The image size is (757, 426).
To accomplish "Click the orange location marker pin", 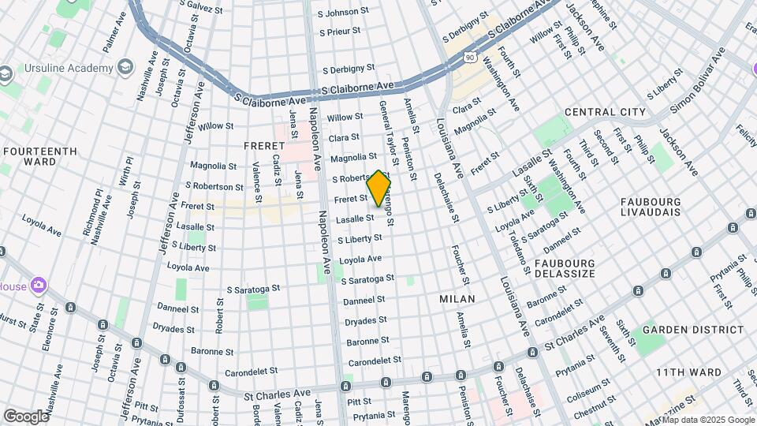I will click(x=379, y=189).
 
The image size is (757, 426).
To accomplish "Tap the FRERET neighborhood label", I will click(x=263, y=146).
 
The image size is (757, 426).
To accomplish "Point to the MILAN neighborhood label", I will click(x=457, y=299).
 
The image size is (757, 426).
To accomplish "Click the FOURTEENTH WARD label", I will click(x=39, y=156).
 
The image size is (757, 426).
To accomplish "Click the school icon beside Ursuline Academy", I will click(x=124, y=65).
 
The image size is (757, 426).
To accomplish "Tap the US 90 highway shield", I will click(x=470, y=57).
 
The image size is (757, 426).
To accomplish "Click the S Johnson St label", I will click(x=343, y=13).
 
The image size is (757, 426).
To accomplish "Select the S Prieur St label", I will click(x=339, y=32).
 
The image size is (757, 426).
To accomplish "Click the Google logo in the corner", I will click(x=26, y=416).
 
